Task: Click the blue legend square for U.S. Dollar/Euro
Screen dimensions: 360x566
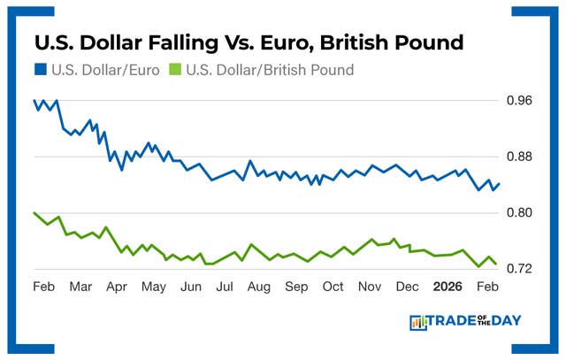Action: pos(41,69)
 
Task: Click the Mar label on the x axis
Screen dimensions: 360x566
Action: pos(80,287)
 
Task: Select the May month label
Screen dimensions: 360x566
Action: pos(154,287)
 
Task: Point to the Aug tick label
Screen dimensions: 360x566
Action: pos(259,287)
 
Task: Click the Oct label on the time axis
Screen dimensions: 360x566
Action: pos(333,287)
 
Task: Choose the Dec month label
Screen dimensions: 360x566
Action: pos(407,287)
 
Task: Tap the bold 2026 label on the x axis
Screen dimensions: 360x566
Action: pos(447,287)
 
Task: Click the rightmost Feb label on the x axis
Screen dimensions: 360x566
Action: pos(486,287)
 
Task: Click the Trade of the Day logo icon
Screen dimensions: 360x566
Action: pos(418,323)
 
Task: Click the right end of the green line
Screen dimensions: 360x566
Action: pos(495,263)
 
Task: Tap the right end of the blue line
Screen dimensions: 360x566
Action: pos(499,184)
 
